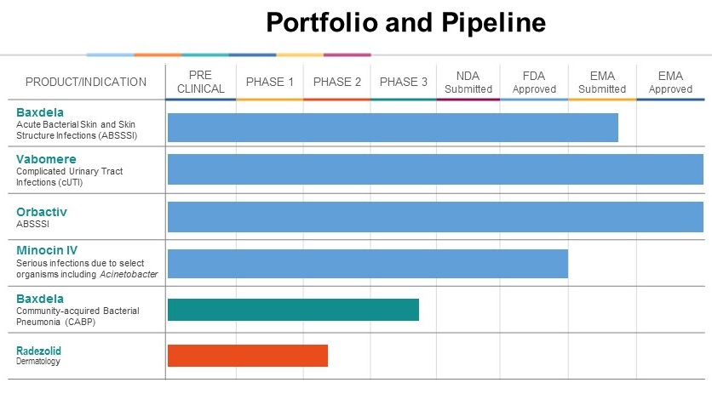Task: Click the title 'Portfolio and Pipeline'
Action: (405, 22)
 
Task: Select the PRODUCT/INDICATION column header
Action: (85, 82)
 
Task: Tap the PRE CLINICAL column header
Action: (200, 82)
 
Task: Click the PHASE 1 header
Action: (269, 82)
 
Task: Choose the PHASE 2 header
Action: (336, 82)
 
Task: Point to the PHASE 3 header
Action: (403, 82)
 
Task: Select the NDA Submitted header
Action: (468, 82)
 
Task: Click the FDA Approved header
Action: (533, 82)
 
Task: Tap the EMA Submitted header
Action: (601, 82)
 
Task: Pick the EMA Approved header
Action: (670, 82)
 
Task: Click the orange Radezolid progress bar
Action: (247, 356)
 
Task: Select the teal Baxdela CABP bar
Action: (293, 310)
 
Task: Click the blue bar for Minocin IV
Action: (367, 263)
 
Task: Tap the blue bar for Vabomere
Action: (434, 169)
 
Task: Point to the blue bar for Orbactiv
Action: (434, 216)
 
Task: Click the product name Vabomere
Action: (47, 158)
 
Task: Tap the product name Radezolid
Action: (38, 351)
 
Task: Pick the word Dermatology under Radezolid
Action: (38, 362)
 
